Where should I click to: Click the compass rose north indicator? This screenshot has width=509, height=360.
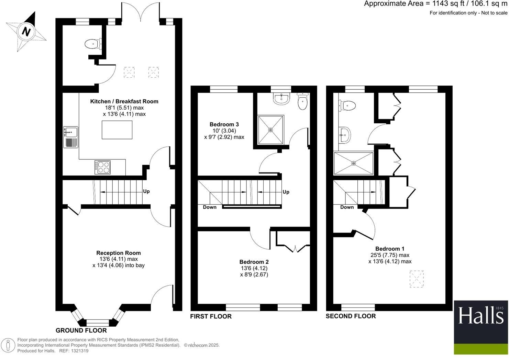[x=26, y=32]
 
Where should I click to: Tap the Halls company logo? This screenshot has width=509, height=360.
[x=480, y=327]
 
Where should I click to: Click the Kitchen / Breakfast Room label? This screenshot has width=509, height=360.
[x=124, y=101]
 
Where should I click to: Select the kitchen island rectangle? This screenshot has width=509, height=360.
[x=117, y=130]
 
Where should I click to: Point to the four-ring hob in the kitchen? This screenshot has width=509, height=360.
[x=102, y=167]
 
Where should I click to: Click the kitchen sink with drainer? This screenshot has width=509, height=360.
[x=70, y=137]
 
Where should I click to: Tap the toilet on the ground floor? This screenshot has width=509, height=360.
[x=92, y=44]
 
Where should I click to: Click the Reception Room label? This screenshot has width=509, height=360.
[x=119, y=253]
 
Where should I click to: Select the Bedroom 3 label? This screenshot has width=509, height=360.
[x=224, y=124]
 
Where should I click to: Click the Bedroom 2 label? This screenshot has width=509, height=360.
[x=254, y=262]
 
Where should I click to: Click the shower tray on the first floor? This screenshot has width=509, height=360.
[x=271, y=130]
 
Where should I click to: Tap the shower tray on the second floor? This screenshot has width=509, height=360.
[x=353, y=163]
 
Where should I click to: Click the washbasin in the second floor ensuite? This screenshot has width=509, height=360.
[x=345, y=135]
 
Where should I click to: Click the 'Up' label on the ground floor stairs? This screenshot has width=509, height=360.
[x=146, y=191]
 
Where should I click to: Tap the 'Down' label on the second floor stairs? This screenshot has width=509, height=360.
[x=347, y=207]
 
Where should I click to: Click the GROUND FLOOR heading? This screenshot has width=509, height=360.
[x=81, y=330]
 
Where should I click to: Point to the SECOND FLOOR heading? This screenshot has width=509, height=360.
[x=351, y=316]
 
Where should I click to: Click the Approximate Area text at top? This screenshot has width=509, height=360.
[x=435, y=4]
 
